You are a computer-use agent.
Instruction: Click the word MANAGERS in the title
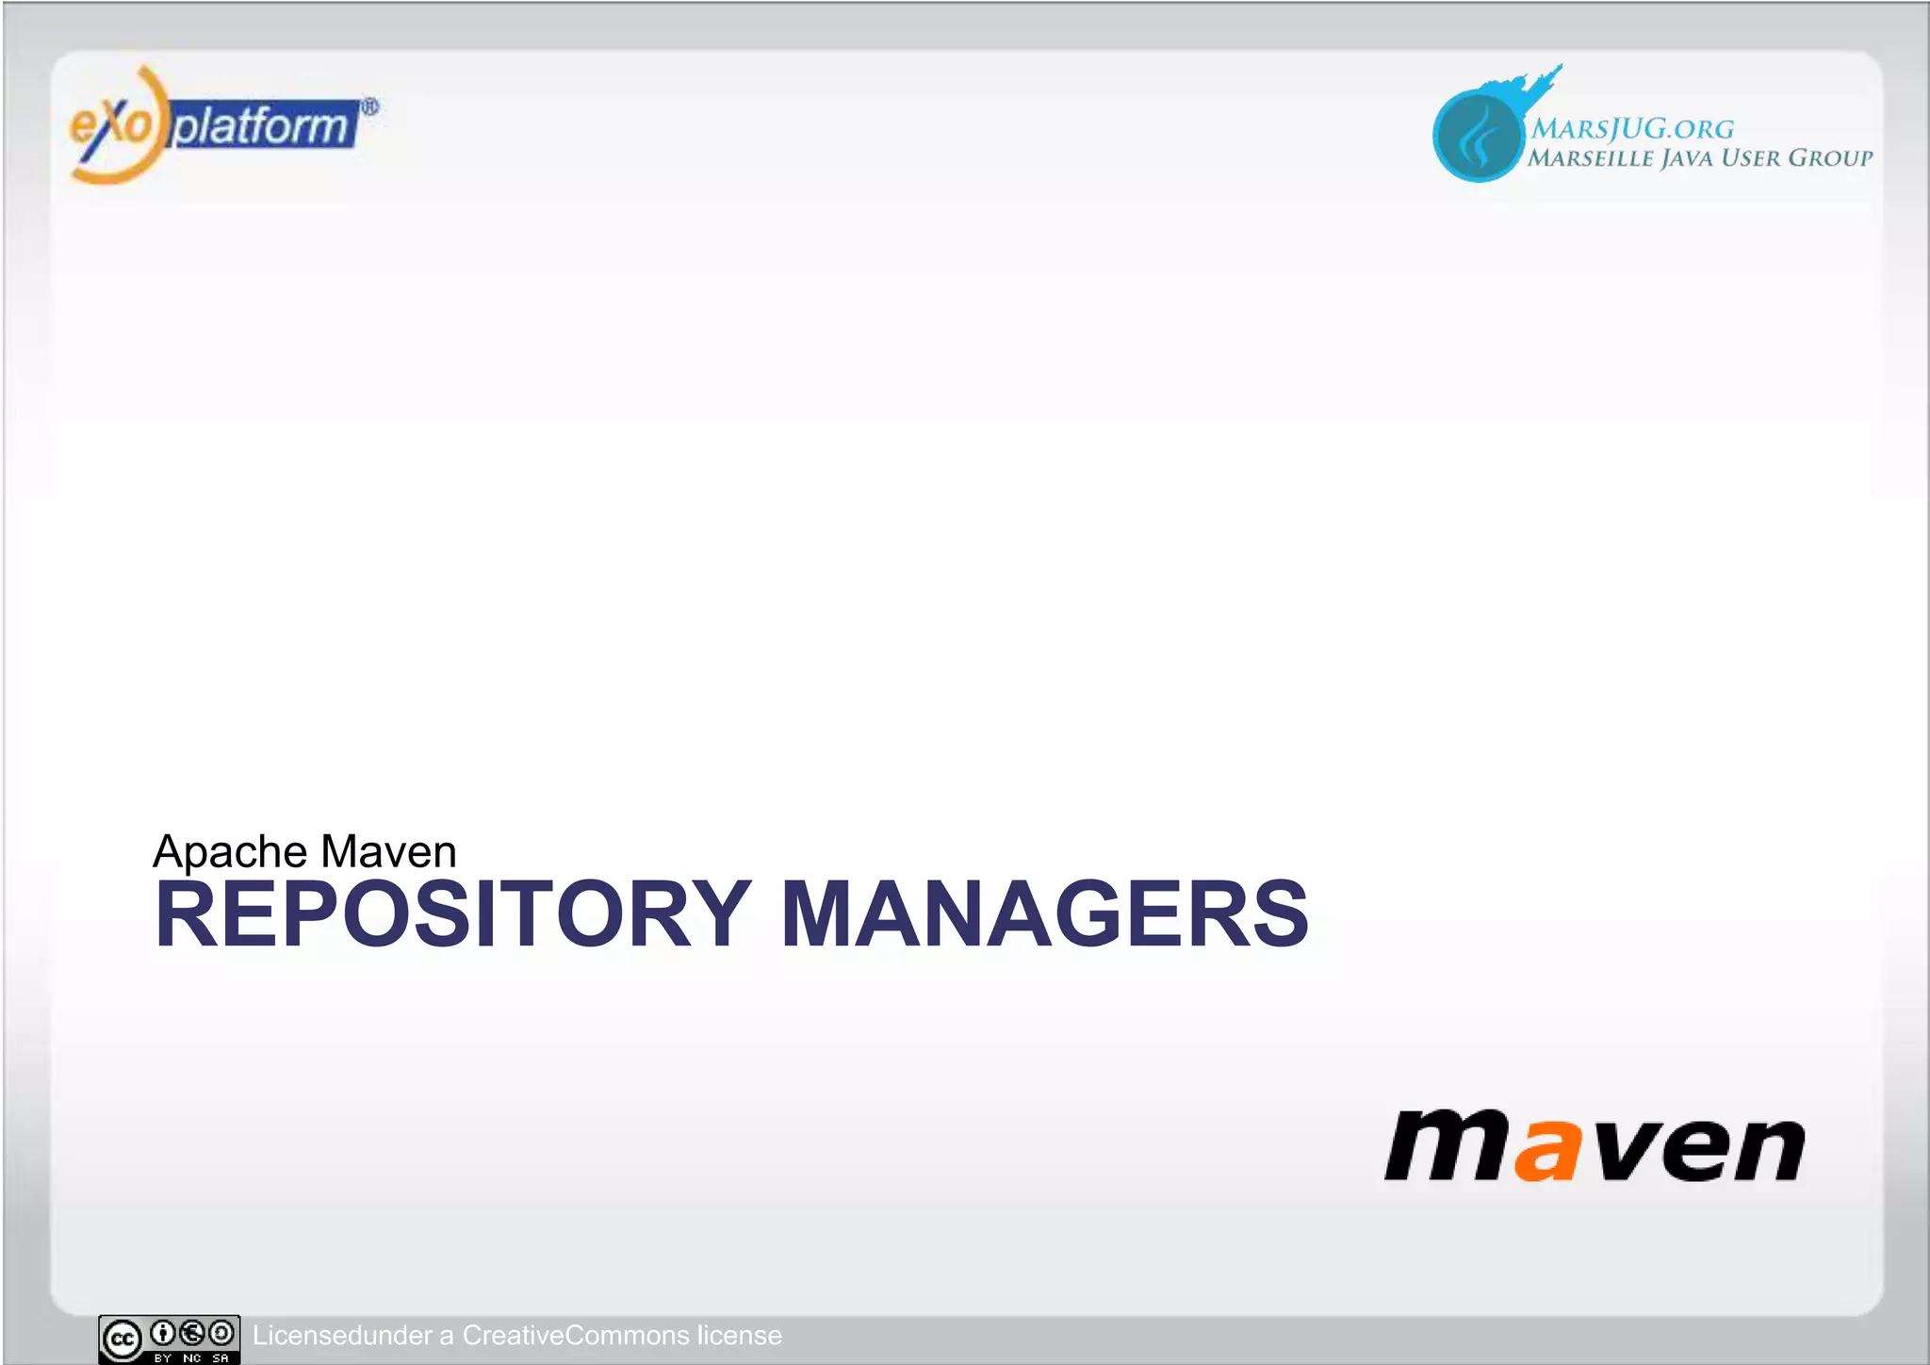[x=1044, y=914]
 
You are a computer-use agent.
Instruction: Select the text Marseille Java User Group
[x=1700, y=158]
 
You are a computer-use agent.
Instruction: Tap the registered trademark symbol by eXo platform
[x=370, y=107]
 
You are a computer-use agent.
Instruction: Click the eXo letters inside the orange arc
[x=110, y=124]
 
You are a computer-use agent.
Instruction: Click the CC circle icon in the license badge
[x=123, y=1340]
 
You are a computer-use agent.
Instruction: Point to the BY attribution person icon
[x=163, y=1333]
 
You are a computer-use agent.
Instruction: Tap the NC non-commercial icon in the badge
[x=192, y=1333]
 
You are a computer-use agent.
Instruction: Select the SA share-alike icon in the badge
[x=221, y=1333]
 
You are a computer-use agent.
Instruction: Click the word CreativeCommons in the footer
[x=575, y=1336]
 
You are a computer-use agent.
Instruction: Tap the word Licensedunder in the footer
[x=342, y=1336]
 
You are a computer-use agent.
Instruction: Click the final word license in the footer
[x=740, y=1336]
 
